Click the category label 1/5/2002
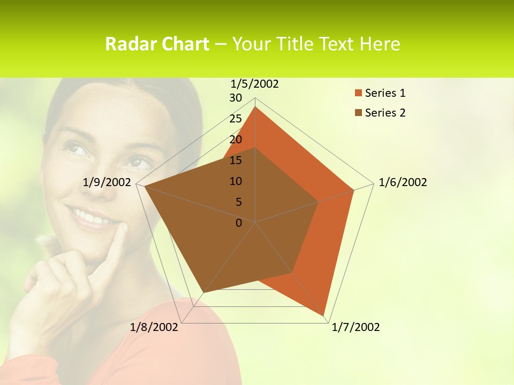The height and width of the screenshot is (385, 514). [255, 84]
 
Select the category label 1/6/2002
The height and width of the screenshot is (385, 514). [403, 182]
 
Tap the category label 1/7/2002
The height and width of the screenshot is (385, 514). [356, 327]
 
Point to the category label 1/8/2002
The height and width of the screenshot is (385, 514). [154, 327]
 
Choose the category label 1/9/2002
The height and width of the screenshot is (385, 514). [107, 182]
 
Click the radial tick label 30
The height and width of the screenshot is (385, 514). [236, 98]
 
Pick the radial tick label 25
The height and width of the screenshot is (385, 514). [236, 119]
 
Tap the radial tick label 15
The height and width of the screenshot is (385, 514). [236, 160]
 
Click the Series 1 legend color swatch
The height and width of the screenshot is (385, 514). [358, 93]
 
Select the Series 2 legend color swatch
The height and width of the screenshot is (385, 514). [358, 113]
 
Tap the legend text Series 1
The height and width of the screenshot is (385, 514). [385, 93]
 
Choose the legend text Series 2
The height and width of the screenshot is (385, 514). [385, 113]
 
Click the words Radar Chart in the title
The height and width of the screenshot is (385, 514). [157, 44]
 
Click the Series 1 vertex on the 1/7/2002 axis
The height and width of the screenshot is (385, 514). [324, 314]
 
